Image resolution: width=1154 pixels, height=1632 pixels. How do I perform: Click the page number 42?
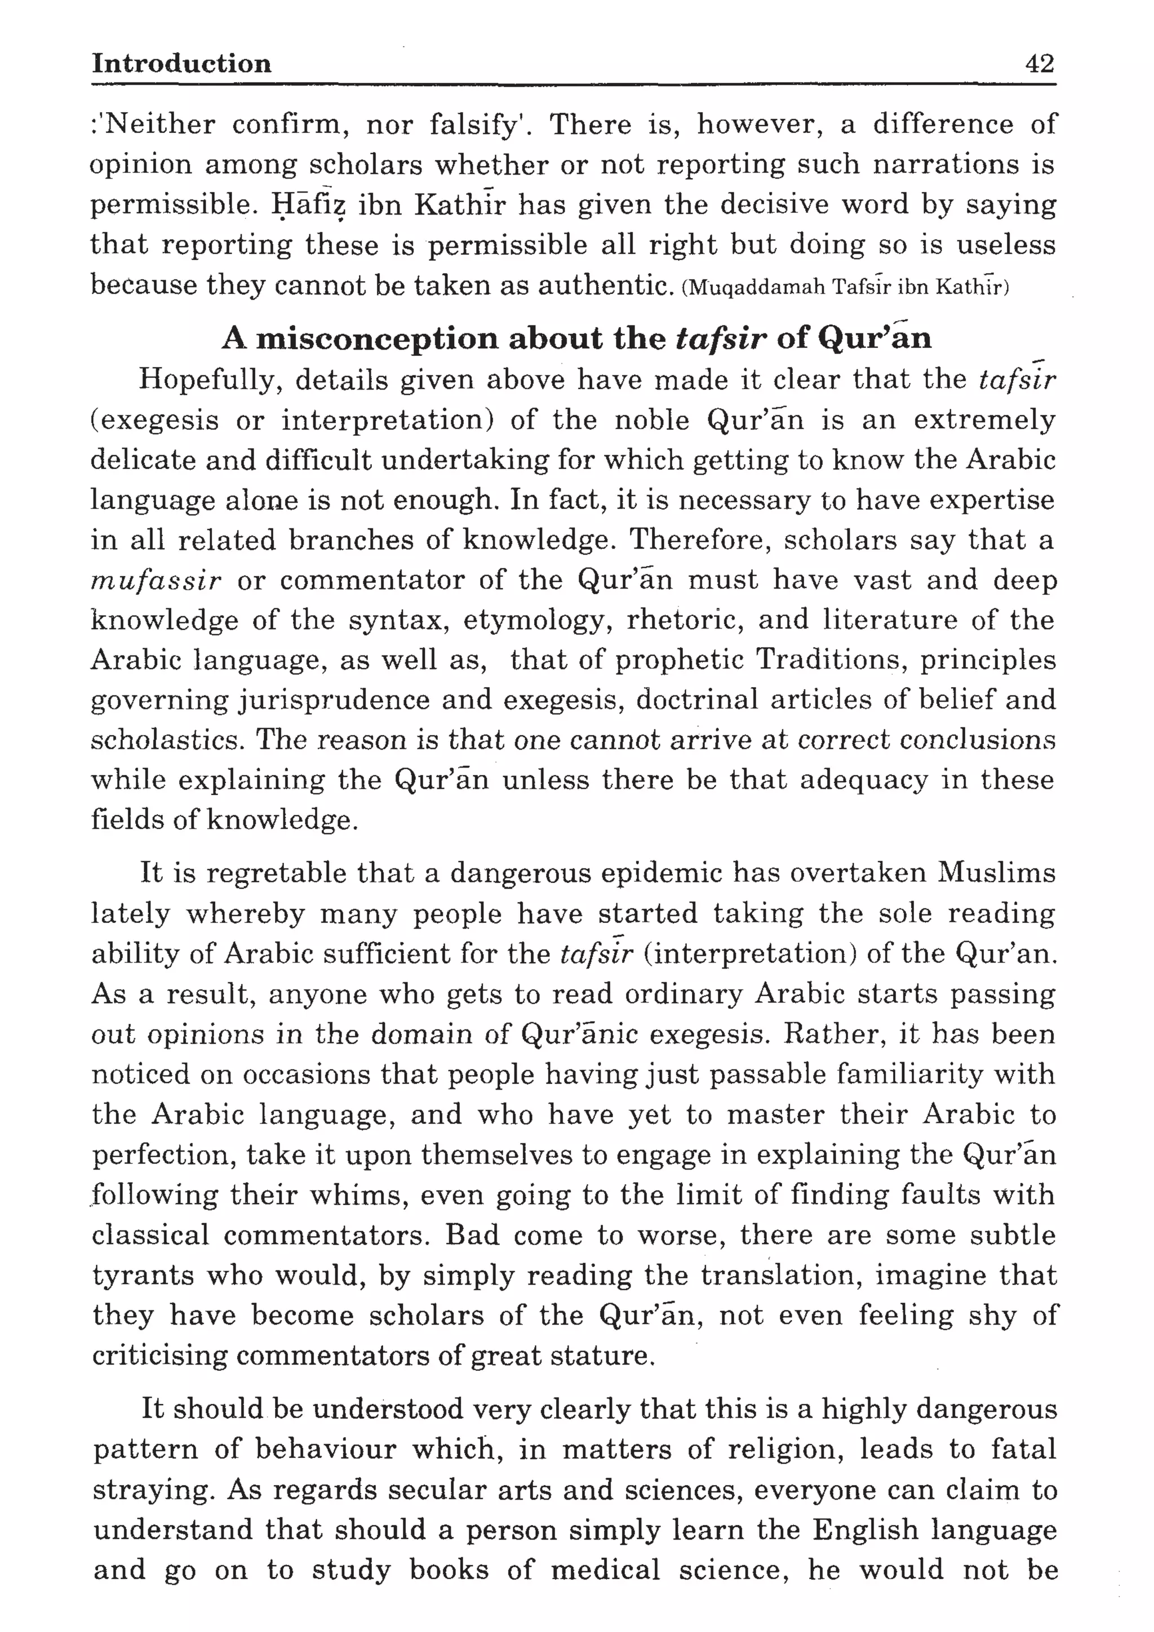coord(1039,64)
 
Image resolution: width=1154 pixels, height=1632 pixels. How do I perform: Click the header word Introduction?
coord(181,64)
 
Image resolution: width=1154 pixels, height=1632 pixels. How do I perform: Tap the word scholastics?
coord(167,741)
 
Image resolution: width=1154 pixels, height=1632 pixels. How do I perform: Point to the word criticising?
coord(158,1356)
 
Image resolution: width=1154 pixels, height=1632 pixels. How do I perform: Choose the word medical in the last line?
coord(605,1569)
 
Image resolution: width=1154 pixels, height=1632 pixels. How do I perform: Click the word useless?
coord(1005,245)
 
